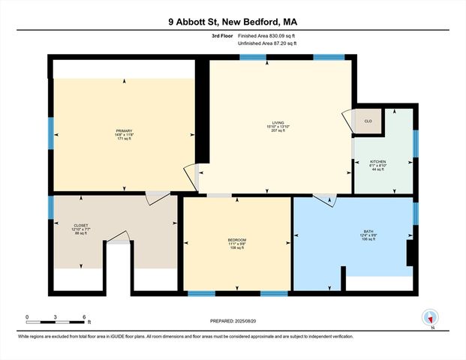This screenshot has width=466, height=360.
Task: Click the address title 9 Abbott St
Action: [x=233, y=22]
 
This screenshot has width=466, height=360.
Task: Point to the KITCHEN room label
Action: [x=377, y=160]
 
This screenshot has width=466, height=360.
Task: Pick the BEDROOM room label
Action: [x=237, y=240]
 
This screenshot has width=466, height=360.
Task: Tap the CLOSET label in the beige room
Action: [x=81, y=225]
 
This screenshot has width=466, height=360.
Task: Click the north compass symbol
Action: [x=429, y=319]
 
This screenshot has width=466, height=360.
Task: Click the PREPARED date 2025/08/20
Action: [x=233, y=321]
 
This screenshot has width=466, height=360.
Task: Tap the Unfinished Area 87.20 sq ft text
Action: [x=271, y=44]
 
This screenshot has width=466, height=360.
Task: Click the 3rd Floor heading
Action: [x=224, y=36]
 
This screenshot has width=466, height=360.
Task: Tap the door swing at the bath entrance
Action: [x=323, y=199]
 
